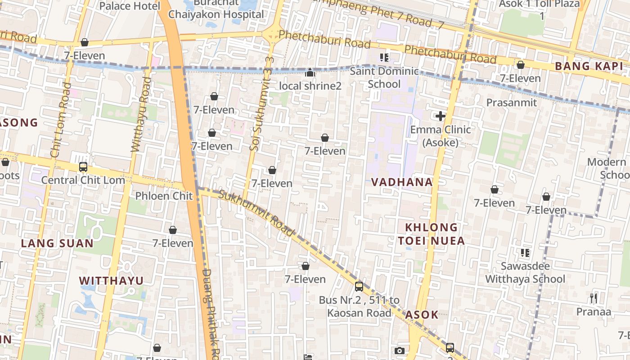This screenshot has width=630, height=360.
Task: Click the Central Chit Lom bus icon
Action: coord(83,167)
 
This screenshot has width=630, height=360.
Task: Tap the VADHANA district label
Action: coord(402,182)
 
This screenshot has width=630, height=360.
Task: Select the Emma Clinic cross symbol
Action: coord(441,116)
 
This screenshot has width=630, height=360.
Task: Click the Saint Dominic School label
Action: coord(384,78)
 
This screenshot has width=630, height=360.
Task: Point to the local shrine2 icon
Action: coord(310,72)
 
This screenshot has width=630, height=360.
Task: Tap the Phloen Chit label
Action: coord(164,196)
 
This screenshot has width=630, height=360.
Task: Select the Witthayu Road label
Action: coord(141,114)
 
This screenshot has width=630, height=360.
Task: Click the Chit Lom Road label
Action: coord(61,120)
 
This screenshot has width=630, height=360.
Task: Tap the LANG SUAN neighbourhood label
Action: coord(57,243)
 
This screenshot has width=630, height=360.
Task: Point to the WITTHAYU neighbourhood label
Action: coord(111,281)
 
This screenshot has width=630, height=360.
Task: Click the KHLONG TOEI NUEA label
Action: coord(431,234)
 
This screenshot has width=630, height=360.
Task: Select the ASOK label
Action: coord(422,315)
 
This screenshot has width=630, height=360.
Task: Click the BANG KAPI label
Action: coord(589,66)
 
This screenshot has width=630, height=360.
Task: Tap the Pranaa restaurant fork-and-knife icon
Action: coord(594,298)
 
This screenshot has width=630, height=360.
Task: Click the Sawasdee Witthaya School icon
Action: coord(525,253)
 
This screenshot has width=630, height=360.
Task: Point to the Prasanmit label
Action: coord(512,103)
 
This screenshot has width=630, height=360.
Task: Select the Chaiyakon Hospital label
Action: coord(216,14)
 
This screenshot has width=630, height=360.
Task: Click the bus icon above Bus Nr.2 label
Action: coord(359,286)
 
